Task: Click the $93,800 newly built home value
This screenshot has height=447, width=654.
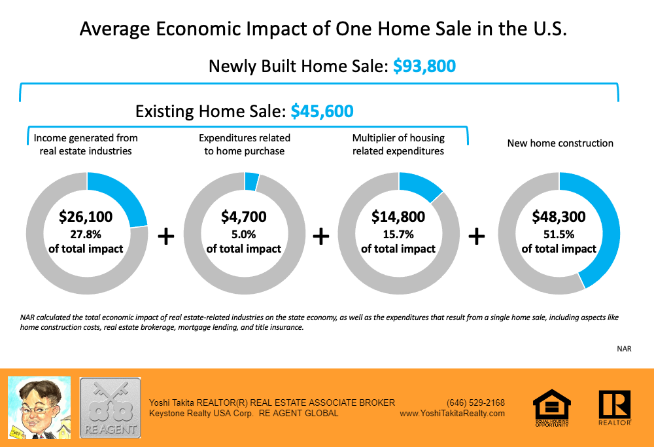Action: click(x=424, y=66)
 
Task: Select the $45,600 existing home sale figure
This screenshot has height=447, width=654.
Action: click(x=322, y=111)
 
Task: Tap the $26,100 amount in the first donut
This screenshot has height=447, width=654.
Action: click(x=86, y=217)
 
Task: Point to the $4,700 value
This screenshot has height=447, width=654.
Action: click(x=244, y=217)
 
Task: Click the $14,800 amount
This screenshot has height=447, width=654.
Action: click(x=398, y=217)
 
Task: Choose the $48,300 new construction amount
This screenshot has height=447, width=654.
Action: click(x=559, y=217)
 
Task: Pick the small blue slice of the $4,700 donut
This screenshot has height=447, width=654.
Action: click(x=252, y=181)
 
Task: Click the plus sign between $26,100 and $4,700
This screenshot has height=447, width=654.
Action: click(x=167, y=236)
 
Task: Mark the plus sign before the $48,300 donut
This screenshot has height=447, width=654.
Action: click(x=477, y=236)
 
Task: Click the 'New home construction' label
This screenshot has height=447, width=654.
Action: click(x=560, y=143)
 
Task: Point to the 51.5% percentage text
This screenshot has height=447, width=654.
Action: click(x=559, y=233)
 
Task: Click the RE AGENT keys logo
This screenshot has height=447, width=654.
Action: click(x=110, y=407)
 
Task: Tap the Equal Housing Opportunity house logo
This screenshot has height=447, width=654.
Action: click(x=551, y=407)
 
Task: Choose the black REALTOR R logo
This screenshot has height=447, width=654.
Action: click(x=614, y=407)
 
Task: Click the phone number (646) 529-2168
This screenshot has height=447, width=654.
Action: click(x=475, y=402)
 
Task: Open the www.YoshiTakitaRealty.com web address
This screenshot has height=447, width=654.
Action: click(x=452, y=414)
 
